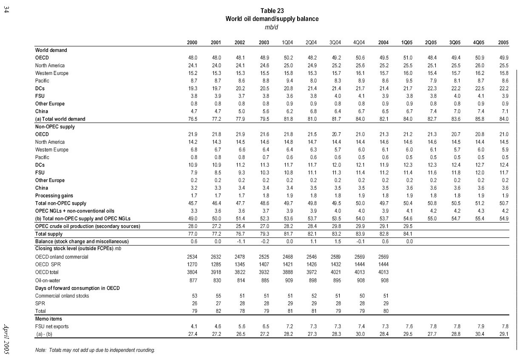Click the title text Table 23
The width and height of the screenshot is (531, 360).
tap(272, 11)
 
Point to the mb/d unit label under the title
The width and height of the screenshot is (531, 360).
tap(272, 27)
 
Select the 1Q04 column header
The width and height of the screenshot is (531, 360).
tap(287, 43)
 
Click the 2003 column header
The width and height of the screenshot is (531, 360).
tap(264, 43)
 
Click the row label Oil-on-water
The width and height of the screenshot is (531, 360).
tap(47, 280)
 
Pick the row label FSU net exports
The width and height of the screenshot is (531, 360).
tap(52, 326)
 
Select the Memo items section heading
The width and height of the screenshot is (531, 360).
tap(49, 319)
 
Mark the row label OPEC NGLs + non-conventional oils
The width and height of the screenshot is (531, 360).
tap(75, 211)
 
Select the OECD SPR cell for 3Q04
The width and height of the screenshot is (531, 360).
tap(336, 264)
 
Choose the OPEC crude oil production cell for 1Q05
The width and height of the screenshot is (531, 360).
tap(407, 226)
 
